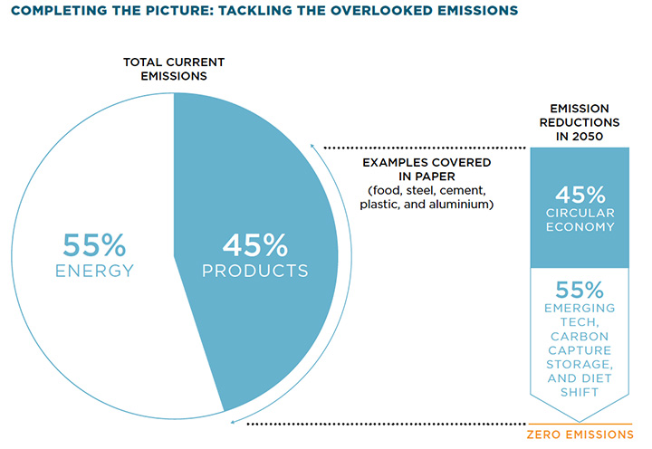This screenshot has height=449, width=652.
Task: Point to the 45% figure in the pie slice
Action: pos(255,244)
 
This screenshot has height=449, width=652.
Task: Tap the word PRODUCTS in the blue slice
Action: pos(255,271)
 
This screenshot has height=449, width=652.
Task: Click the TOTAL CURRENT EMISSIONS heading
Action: pos(173,69)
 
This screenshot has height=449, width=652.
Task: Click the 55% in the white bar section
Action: pos(579,291)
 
